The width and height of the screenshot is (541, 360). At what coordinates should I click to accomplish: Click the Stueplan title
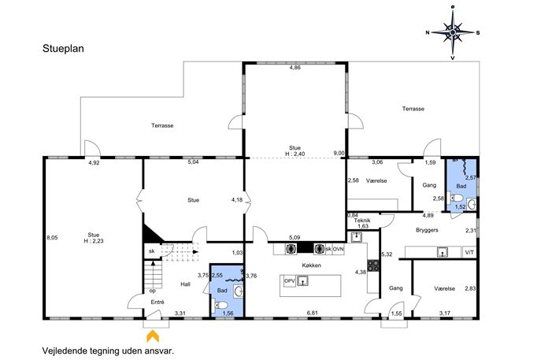pos(63,49)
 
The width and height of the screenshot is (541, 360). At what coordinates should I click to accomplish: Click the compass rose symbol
pos(453,32)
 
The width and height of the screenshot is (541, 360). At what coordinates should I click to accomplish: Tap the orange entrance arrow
pos(153,336)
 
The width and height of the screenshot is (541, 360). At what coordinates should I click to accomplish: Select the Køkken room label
pos(311,265)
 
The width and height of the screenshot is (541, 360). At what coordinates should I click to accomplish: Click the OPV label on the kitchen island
pos(290,281)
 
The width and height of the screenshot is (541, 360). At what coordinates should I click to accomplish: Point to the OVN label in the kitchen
pos(338,249)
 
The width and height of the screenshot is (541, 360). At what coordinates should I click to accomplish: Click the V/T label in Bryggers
pos(469,252)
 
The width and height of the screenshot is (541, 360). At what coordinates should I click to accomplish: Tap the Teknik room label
pos(362,221)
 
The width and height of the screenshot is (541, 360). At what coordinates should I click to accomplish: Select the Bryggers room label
pos(427,230)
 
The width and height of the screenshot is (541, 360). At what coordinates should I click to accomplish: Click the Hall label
pos(185,284)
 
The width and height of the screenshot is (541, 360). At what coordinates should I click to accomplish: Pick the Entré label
pos(157,302)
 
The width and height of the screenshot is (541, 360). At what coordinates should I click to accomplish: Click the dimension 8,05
pos(52,237)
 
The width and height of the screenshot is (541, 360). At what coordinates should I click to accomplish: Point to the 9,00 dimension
pos(339,153)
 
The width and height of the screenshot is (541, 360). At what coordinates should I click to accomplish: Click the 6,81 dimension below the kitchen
pos(313,313)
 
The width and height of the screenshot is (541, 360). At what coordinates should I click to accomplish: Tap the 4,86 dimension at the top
pos(295,68)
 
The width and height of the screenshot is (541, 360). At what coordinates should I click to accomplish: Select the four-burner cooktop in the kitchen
pos(373,265)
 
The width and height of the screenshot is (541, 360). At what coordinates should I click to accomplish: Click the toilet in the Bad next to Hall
pos(221,305)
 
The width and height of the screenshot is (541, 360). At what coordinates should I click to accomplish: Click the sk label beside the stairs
pos(151,251)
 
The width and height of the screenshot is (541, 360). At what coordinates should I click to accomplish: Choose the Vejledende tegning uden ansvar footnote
pos(108,351)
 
